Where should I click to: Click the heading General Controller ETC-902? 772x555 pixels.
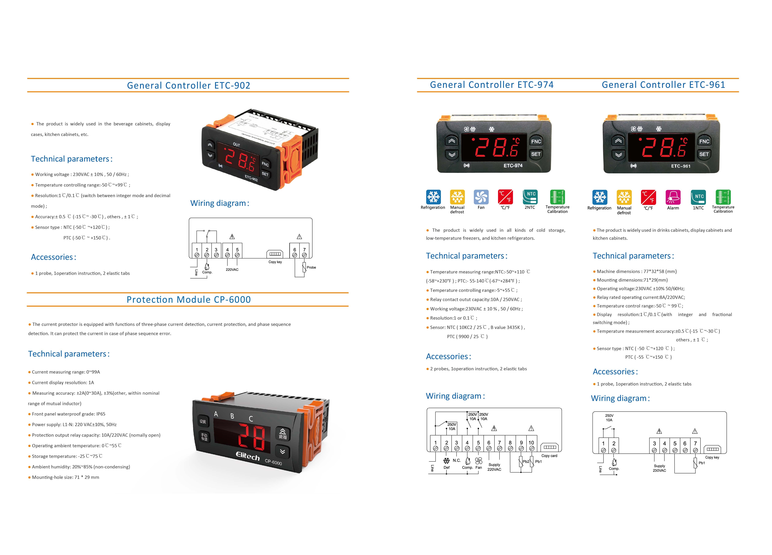click(x=189, y=86)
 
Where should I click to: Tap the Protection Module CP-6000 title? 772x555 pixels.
click(x=189, y=300)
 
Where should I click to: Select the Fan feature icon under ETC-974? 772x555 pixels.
click(x=481, y=197)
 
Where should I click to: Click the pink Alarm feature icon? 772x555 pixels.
click(x=673, y=197)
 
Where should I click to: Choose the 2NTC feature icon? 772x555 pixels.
click(x=530, y=197)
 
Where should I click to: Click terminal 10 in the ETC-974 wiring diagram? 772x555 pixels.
click(x=531, y=445)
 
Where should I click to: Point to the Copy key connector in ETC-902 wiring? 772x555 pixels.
click(x=275, y=254)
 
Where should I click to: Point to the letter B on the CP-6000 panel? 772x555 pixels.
click(x=232, y=416)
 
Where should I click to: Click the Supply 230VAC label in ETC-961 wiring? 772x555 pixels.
click(x=659, y=468)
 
